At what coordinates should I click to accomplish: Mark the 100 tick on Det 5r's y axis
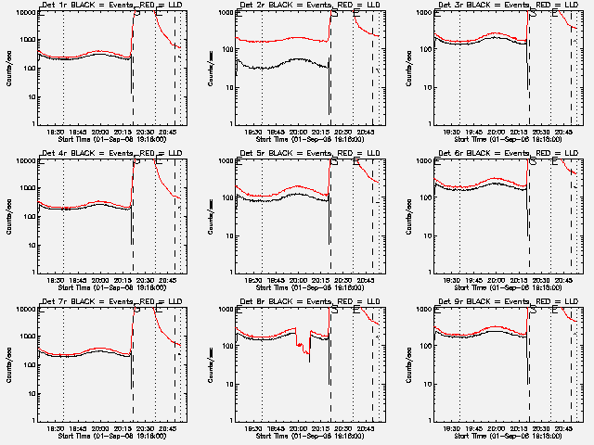227,199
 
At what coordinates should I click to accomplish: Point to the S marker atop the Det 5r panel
334,161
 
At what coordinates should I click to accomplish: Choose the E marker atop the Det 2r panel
356,13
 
